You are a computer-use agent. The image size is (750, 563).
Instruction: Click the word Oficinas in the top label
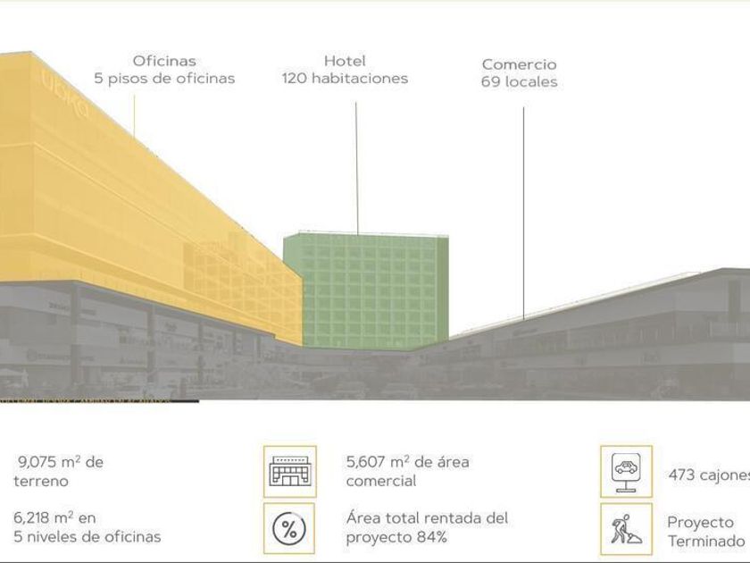point(164,61)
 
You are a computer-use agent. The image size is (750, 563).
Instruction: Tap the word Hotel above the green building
point(345,61)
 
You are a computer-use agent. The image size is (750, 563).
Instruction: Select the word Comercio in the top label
point(519,64)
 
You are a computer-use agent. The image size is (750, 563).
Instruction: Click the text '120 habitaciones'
point(345,79)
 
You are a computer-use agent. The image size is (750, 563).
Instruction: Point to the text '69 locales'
point(519,82)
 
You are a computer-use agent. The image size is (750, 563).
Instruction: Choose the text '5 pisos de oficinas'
point(164,79)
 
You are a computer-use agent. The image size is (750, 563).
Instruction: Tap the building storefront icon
point(289,472)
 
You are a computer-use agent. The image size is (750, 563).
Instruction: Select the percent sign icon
point(289,528)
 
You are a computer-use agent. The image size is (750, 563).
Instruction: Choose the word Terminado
point(705,541)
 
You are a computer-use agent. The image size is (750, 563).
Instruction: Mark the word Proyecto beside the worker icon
point(701,522)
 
